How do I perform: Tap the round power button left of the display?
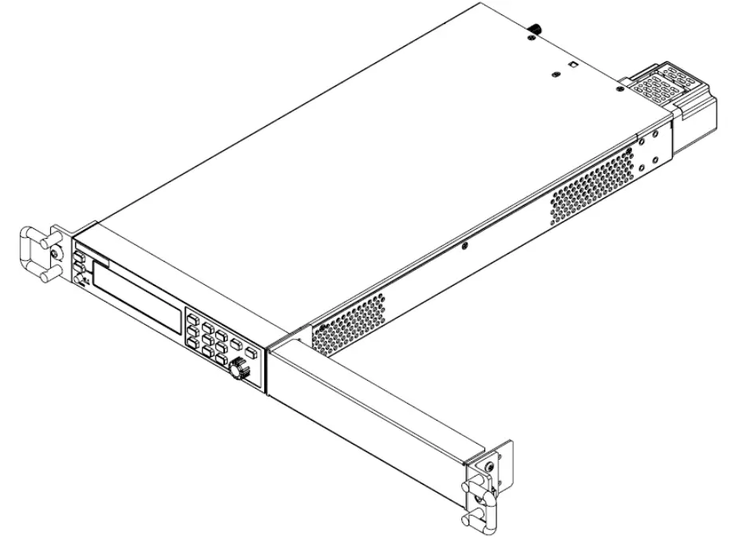pyautogui.click(x=80, y=279)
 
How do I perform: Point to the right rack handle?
pyautogui.click(x=482, y=496)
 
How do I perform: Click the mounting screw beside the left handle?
pyautogui.click(x=53, y=253)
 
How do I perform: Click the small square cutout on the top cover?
pyautogui.click(x=571, y=63)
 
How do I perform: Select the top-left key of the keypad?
pyautogui.click(x=194, y=319)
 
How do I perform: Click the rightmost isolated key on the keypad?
pyautogui.click(x=251, y=352)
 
